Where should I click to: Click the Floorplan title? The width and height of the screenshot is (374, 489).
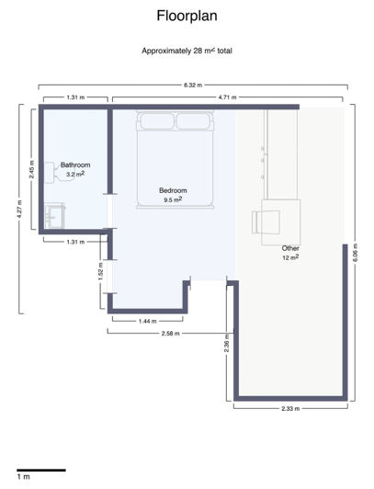[x=187, y=16]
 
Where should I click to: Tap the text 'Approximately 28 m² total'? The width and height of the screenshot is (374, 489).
[x=187, y=51]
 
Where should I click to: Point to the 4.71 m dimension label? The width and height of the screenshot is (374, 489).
[x=228, y=97]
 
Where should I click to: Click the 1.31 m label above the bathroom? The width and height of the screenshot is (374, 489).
[x=77, y=97]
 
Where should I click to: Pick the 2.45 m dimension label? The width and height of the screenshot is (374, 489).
[x=30, y=168]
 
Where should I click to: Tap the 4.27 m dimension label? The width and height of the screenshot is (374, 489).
[x=21, y=210]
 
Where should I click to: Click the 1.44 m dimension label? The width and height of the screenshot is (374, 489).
[x=148, y=322]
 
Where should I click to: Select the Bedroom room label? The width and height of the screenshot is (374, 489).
[x=173, y=190]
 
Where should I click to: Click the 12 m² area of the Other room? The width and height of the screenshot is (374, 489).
[x=290, y=258]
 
